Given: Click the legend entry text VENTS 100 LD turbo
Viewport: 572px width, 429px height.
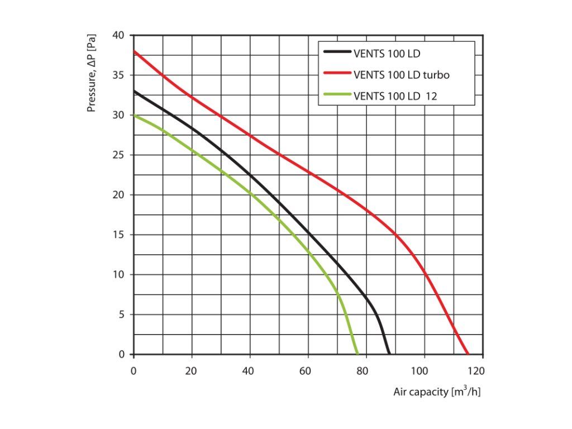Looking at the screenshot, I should pos(401,74).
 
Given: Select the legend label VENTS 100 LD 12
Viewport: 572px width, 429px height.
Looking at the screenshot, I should pos(395,96).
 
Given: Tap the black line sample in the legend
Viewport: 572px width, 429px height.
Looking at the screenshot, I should pos(337,53).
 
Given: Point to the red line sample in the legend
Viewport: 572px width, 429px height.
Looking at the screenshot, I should pos(337,74).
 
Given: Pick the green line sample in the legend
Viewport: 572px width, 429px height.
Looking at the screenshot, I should pos(337,96).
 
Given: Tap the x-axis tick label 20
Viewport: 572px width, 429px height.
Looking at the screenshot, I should pos(192,370).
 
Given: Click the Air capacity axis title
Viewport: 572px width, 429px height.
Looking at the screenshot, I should pos(437,392).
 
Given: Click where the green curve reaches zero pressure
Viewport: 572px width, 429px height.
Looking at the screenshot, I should pos(357,354).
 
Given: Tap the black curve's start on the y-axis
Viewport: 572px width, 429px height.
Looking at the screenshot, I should pos(134,91).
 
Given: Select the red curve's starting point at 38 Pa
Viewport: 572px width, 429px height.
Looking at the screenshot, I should pos(134,51).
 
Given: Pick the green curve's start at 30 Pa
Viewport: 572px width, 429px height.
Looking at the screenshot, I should pos(134,115).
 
